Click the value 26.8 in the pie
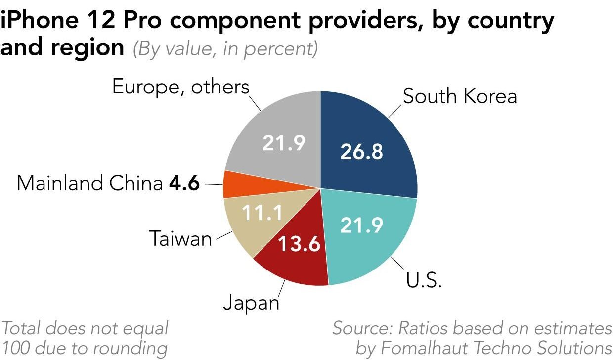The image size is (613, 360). tap(361, 152)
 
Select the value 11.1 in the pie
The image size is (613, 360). tap(262, 213)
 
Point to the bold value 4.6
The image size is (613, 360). tap(184, 184)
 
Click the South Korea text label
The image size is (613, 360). tap(460, 96)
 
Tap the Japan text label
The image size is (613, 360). tap(251, 302)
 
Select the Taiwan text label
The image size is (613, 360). tap(180, 239)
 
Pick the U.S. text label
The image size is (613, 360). tap(424, 280)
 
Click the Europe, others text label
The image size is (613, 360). tap(181, 87)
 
